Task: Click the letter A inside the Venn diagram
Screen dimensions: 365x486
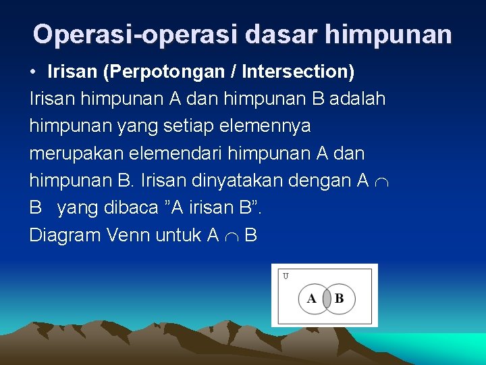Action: pos(311,299)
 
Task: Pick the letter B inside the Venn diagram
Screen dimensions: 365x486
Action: pos(340,299)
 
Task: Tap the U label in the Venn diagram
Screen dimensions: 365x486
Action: pos(286,276)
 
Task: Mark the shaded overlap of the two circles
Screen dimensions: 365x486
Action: pos(325,299)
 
